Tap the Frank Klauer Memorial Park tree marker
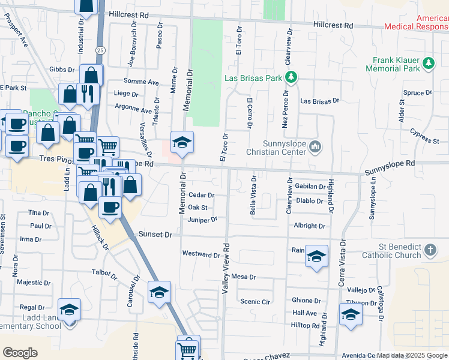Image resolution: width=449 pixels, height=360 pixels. pyautogui.click(x=428, y=63)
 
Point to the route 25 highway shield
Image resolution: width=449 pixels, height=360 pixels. pyautogui.click(x=100, y=50)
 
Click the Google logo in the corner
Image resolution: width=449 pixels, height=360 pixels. pyautogui.click(x=20, y=352)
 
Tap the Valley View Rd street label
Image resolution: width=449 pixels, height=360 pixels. pyautogui.click(x=226, y=268)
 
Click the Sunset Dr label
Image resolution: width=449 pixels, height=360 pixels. pyautogui.click(x=155, y=235)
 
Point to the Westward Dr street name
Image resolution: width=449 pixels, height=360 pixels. pyautogui.click(x=200, y=254)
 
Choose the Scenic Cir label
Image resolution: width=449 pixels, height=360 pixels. pyautogui.click(x=253, y=301)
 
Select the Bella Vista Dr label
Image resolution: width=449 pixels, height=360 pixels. pyautogui.click(x=253, y=195)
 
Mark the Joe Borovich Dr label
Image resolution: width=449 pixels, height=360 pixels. pyautogui.click(x=133, y=46)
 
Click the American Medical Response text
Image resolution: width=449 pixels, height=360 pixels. pyautogui.click(x=416, y=23)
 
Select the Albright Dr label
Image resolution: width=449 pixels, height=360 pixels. pyautogui.click(x=309, y=226)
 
